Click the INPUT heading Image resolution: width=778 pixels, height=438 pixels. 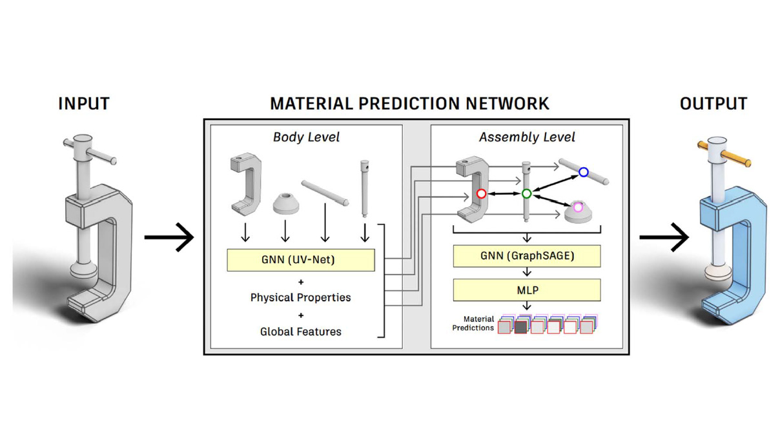(x=84, y=103)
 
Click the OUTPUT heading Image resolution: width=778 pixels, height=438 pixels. (x=713, y=103)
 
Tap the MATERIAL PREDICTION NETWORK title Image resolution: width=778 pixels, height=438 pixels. (x=409, y=103)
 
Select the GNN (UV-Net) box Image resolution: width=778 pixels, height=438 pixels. (x=301, y=260)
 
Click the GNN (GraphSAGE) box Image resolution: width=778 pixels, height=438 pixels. (x=527, y=256)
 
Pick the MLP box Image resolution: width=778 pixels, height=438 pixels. (x=527, y=290)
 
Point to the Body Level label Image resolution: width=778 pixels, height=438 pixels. (x=306, y=137)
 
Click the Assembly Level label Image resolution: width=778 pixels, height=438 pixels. (x=527, y=137)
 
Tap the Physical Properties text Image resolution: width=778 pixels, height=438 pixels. (x=301, y=297)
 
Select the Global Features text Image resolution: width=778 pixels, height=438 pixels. (x=301, y=332)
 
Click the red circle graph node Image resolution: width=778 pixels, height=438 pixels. (x=481, y=194)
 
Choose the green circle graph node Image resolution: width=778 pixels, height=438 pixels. (x=526, y=194)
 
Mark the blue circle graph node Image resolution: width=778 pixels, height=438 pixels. (x=583, y=172)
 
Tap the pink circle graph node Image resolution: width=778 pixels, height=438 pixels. (x=578, y=207)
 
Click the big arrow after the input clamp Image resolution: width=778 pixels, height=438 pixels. (x=169, y=237)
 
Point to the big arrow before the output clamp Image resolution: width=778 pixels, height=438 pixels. (x=664, y=237)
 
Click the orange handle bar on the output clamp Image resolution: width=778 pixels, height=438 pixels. (x=736, y=157)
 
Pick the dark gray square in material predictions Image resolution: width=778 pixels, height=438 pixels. (x=520, y=328)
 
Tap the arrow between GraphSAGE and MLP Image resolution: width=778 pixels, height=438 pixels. (x=527, y=272)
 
